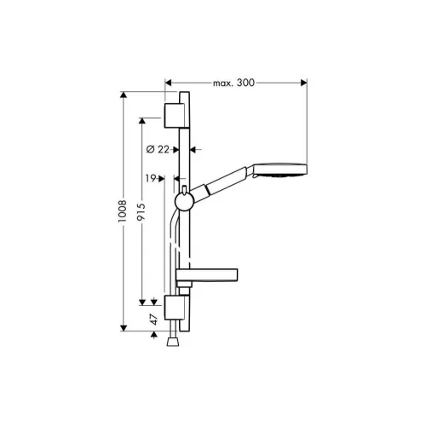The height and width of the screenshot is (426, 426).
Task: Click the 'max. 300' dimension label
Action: click(x=233, y=83)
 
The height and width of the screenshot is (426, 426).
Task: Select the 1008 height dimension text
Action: click(x=123, y=211)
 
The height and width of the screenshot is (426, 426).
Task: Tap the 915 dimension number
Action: click(x=141, y=211)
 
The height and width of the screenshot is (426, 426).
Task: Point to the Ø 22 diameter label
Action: click(x=158, y=149)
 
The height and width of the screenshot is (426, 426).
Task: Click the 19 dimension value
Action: click(x=151, y=178)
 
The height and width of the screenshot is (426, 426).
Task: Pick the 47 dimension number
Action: click(x=153, y=319)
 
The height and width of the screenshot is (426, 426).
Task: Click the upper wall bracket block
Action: click(x=176, y=116)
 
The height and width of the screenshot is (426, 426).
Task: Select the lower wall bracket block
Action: click(x=176, y=308)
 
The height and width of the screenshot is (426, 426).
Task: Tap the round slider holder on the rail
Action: click(x=184, y=202)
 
